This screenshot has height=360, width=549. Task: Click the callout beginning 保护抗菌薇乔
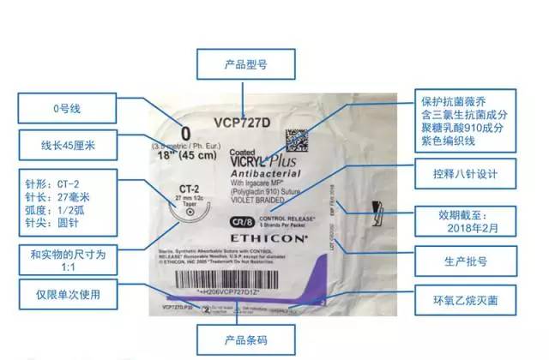[468, 119]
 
